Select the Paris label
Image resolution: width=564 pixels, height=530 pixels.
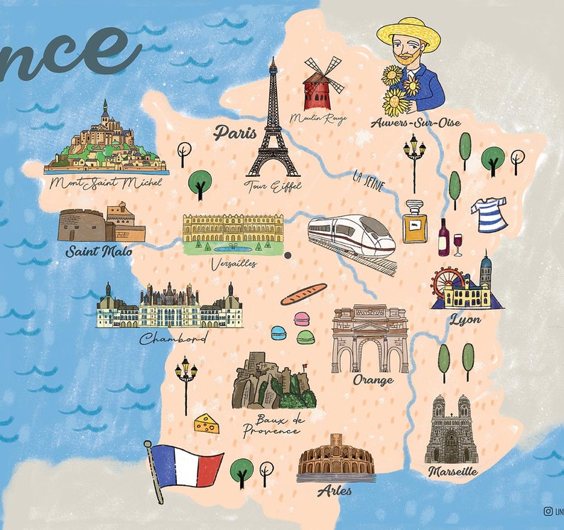(x=234, y=132)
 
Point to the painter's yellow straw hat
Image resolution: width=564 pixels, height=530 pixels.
(x=408, y=31)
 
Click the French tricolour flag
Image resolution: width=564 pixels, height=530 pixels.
(x=188, y=465)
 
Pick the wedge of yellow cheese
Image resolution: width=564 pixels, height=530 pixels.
(x=207, y=424)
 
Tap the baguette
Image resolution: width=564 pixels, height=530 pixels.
(x=303, y=293)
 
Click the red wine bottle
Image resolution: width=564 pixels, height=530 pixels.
(x=444, y=238)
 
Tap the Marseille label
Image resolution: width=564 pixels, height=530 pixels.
(x=452, y=472)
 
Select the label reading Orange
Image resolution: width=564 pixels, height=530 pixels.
(x=373, y=380)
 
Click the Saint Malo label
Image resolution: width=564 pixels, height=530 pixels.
(x=99, y=251)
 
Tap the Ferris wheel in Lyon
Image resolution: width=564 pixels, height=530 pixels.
(x=450, y=284)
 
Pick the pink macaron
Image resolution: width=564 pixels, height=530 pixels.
(x=301, y=319)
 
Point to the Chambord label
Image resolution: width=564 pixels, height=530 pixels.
(x=173, y=338)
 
